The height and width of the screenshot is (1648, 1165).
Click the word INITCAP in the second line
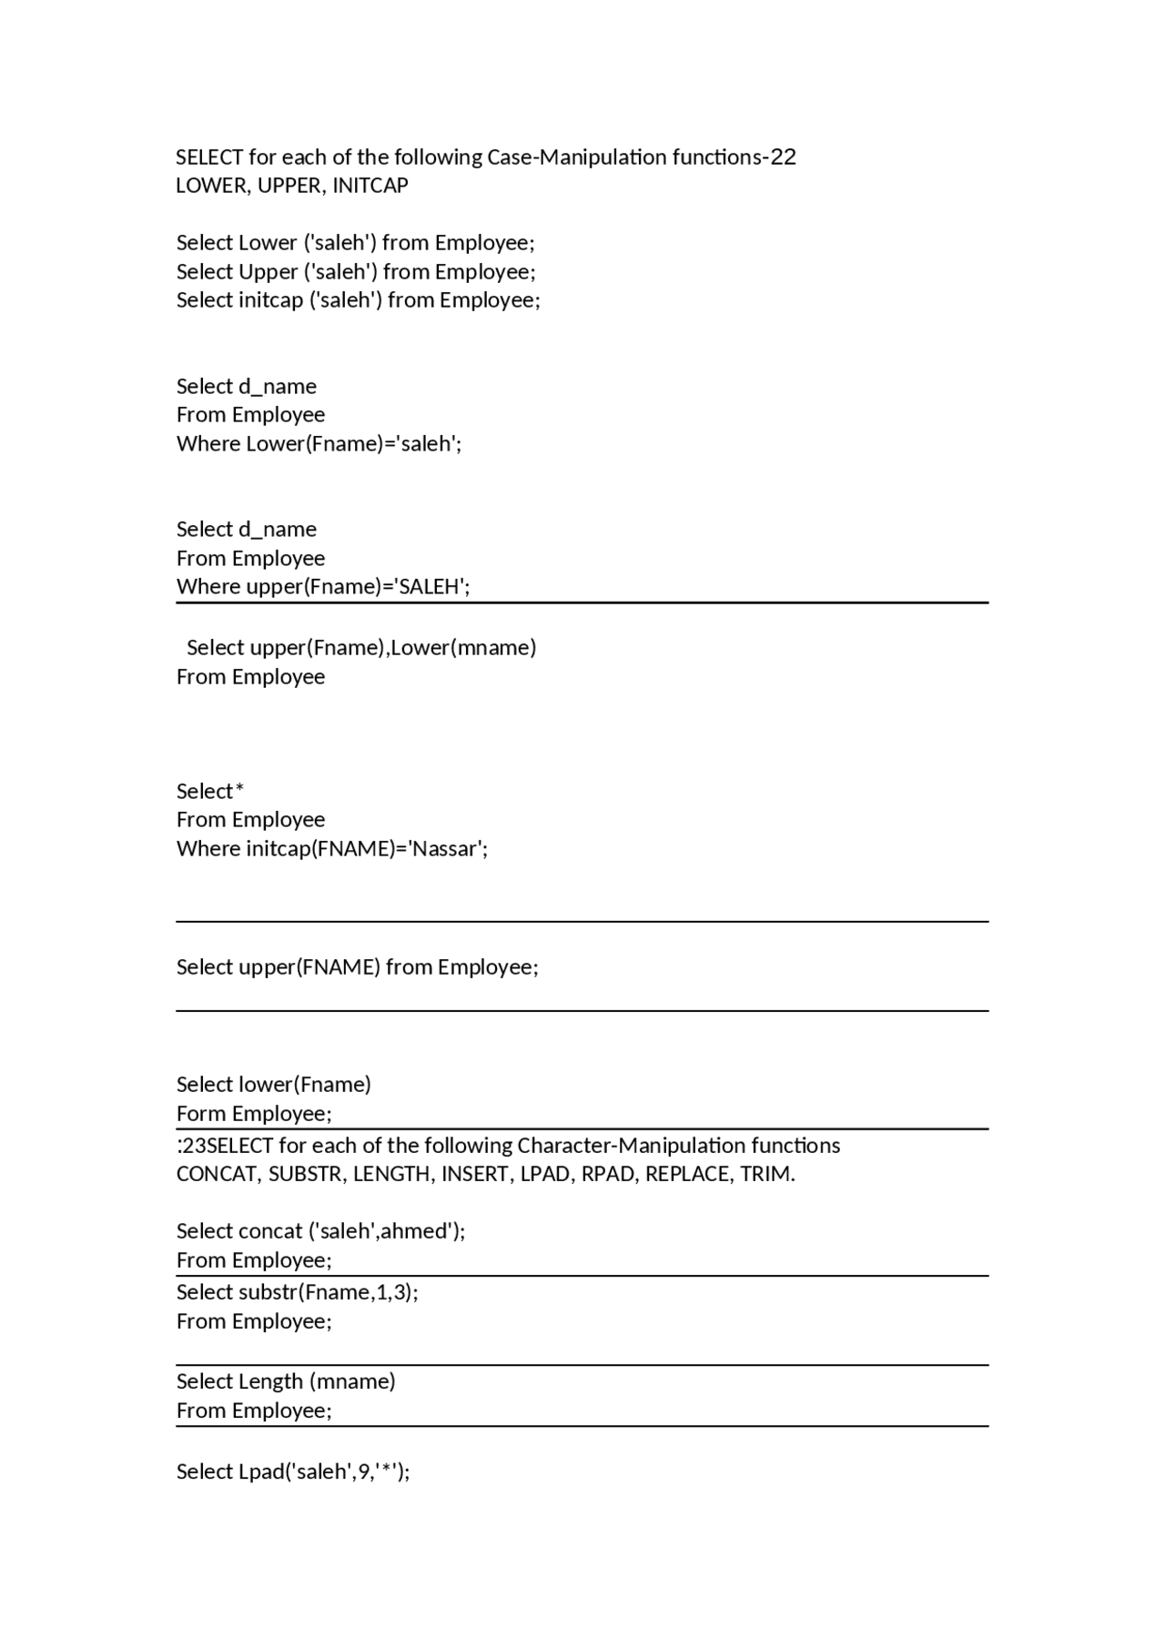click(370, 186)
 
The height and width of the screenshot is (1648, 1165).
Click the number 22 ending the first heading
click(783, 157)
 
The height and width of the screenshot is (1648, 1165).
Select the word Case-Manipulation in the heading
click(577, 157)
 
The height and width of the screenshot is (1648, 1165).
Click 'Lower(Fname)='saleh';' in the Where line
click(354, 444)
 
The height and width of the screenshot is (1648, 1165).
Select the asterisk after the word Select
click(239, 790)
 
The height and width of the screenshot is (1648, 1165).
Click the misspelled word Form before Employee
click(201, 1114)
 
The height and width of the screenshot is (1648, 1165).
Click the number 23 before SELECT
click(194, 1146)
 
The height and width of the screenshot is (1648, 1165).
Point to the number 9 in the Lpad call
click(365, 1471)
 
